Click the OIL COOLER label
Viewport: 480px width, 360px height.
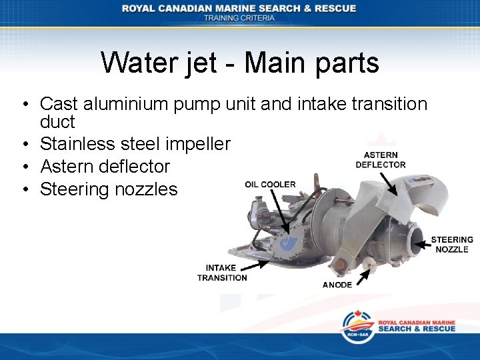[270, 185]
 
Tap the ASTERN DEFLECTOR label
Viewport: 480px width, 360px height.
[381, 160]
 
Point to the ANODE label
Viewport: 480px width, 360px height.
[337, 285]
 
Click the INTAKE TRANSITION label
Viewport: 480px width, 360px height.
[221, 273]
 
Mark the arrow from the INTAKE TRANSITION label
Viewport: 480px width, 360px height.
[257, 265]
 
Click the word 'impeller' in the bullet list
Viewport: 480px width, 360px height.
[199, 143]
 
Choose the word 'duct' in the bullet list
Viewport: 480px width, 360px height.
[57, 122]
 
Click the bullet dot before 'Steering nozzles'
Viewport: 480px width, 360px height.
[24, 189]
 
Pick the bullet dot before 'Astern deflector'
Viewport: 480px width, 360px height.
[24, 167]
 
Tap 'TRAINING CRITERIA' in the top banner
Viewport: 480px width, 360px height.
[239, 18]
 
